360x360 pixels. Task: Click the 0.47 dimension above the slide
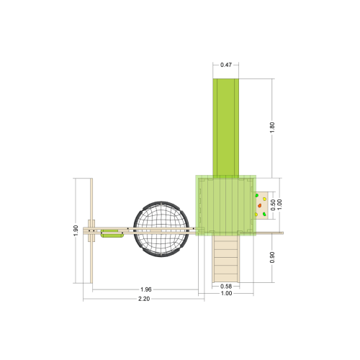[x=226, y=66]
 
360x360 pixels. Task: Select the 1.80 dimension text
[x=271, y=125]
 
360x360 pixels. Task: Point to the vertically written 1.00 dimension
[x=279, y=204]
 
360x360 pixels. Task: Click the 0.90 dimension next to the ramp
[x=271, y=257]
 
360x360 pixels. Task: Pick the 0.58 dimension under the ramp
[x=226, y=287]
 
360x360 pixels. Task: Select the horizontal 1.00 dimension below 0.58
[x=226, y=294]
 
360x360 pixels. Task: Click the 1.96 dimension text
[x=145, y=290]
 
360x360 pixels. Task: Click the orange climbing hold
[x=259, y=205]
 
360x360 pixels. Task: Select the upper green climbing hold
[x=256, y=195]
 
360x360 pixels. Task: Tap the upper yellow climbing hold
[x=264, y=199]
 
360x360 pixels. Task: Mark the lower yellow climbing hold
[x=256, y=215]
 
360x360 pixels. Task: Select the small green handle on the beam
[x=112, y=233]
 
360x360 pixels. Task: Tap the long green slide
[x=226, y=126]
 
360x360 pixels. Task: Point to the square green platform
[x=225, y=205]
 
